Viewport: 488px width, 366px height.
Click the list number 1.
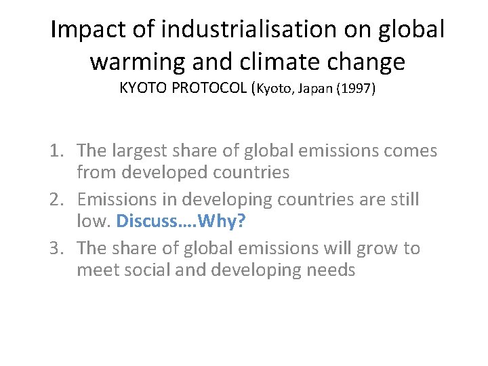[x=57, y=150]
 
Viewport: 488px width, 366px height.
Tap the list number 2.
[x=57, y=199]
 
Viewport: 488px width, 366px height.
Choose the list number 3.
[x=57, y=248]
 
